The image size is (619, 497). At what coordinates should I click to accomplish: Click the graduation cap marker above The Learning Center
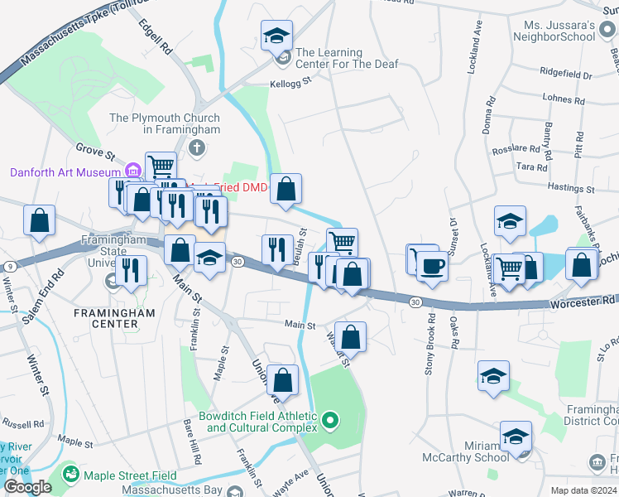tap(277, 36)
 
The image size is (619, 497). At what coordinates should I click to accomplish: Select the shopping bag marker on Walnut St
tap(351, 336)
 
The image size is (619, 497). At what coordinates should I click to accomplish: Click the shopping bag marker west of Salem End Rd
tap(39, 221)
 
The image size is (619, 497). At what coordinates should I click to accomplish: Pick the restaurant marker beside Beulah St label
tap(277, 248)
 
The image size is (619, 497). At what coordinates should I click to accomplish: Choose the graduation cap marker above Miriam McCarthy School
tap(516, 436)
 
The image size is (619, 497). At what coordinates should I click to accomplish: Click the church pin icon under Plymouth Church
tap(196, 148)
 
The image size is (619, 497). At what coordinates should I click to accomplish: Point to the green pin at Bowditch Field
tap(330, 422)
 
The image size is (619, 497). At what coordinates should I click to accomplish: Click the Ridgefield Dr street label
tap(566, 75)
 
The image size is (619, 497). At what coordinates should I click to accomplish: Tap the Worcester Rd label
tap(583, 305)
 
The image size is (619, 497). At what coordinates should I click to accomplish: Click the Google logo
tap(27, 487)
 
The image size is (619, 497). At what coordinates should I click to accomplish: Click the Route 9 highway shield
tap(7, 266)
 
